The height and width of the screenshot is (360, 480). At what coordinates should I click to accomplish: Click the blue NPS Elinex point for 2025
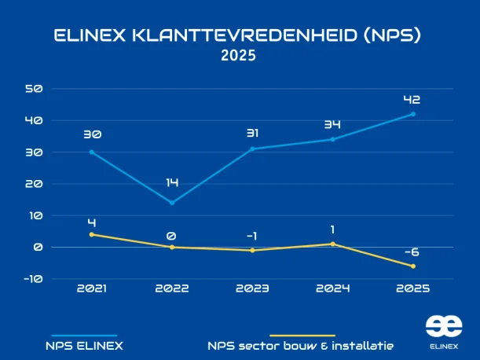[x=413, y=114]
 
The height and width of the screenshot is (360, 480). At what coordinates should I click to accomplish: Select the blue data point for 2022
[x=172, y=203]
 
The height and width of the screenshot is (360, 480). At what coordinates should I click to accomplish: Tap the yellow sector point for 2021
[x=92, y=234]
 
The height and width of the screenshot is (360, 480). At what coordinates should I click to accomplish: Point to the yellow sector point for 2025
[x=413, y=266]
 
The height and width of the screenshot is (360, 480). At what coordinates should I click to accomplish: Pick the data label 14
[x=172, y=182]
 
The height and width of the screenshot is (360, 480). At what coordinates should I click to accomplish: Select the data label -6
[x=412, y=252]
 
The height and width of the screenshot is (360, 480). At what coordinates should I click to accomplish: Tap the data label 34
[x=332, y=125]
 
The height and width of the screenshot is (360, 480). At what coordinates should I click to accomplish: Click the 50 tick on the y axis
[x=34, y=89]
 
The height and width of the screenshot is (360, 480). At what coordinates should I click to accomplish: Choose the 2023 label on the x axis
[x=252, y=288]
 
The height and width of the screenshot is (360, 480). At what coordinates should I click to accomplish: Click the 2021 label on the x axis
[x=92, y=288]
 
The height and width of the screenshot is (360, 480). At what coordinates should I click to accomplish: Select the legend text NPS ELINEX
[x=83, y=345]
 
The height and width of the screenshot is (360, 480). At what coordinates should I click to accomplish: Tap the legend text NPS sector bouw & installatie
[x=301, y=345]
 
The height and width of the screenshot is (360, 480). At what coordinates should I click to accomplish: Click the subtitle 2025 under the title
[x=239, y=57]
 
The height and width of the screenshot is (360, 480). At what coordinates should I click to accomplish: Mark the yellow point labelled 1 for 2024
[x=332, y=244]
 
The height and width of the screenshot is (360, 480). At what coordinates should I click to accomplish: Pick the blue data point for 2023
[x=252, y=149]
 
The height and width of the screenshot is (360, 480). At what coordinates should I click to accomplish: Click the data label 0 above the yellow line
[x=172, y=234]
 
